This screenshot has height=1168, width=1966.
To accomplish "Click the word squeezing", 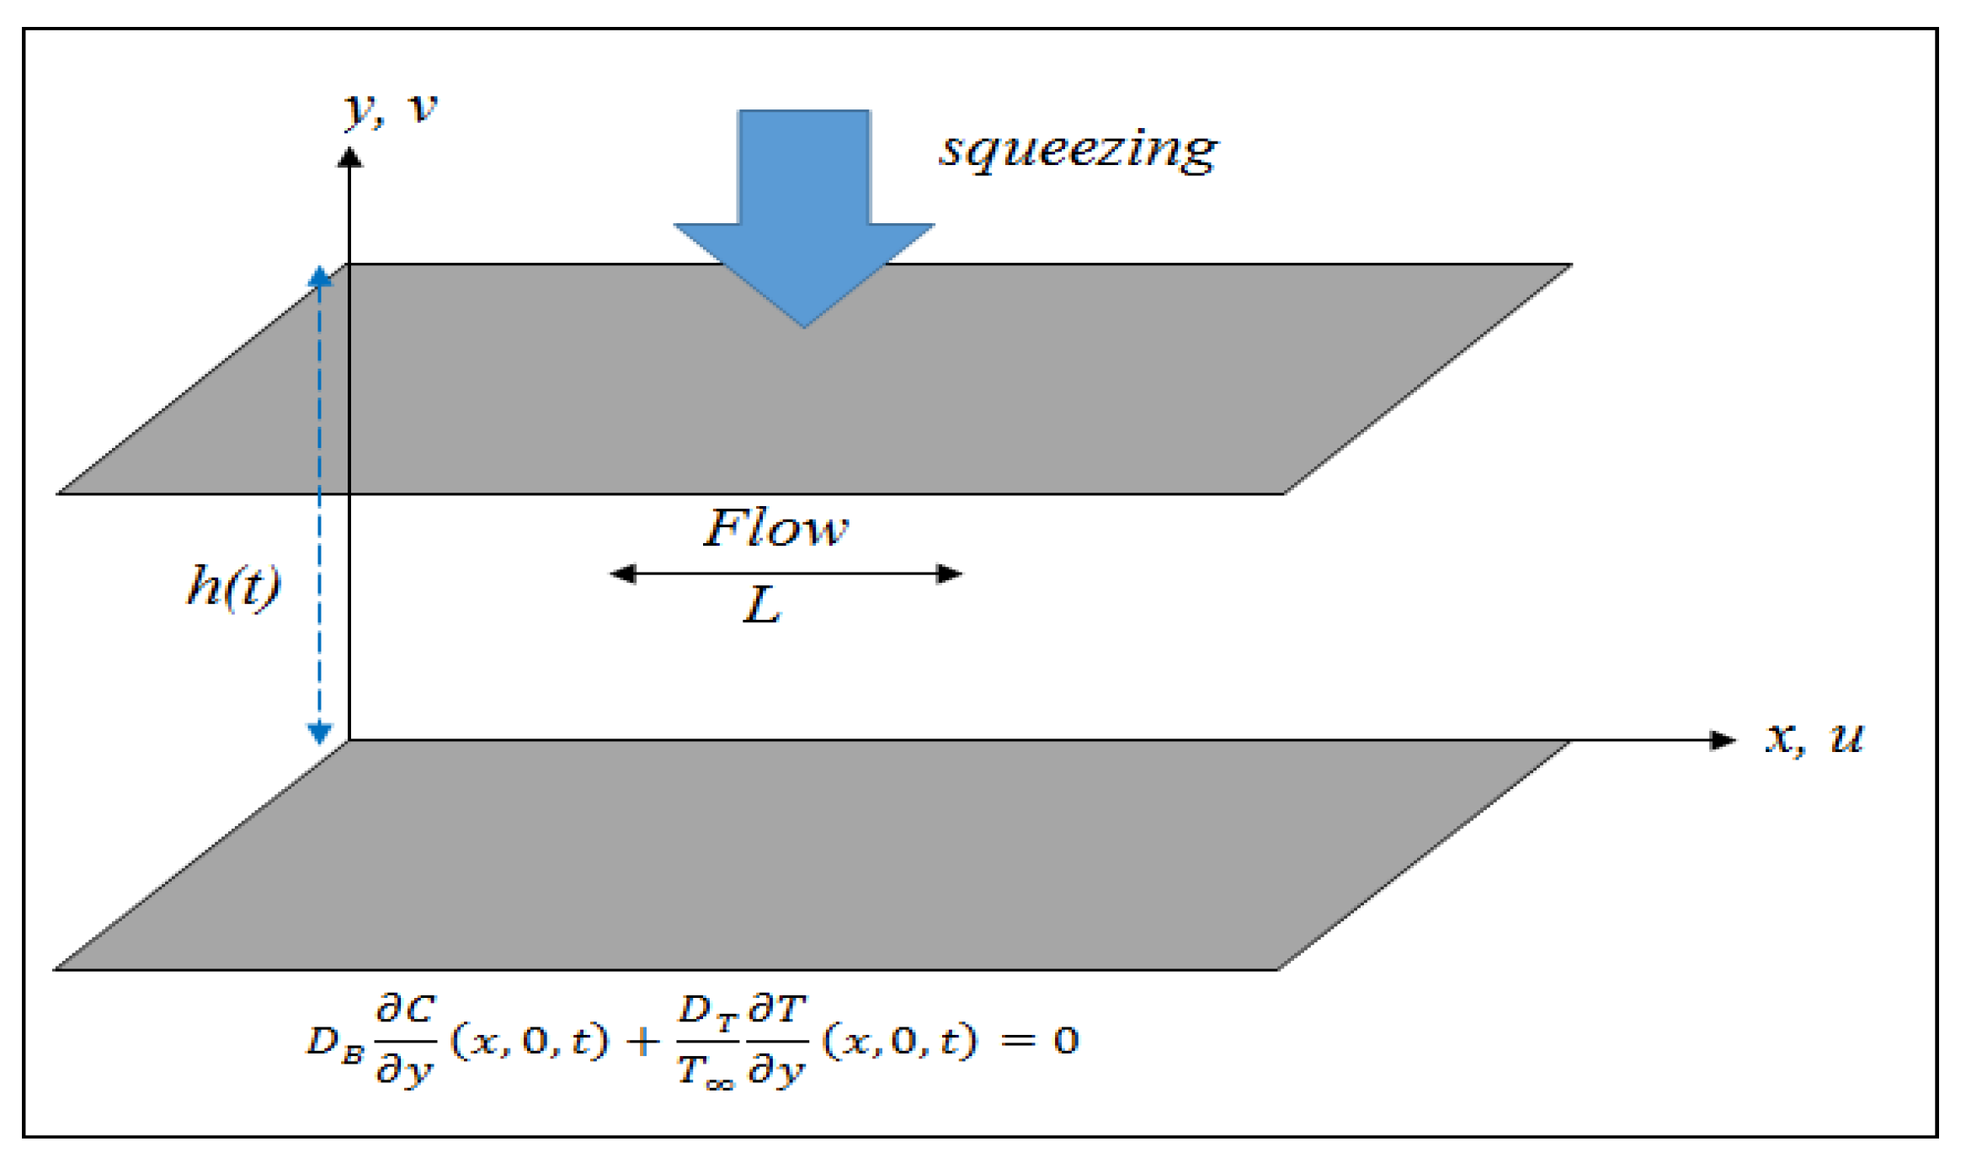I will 1078,150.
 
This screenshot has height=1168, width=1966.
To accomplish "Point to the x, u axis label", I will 1814,738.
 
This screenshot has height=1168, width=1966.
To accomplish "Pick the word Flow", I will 775,529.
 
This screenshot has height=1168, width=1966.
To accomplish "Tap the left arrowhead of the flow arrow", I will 623,574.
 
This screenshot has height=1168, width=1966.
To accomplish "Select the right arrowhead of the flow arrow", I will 949,574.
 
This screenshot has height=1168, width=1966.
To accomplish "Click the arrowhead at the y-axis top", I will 349,157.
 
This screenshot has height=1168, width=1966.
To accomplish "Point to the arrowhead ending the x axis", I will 1723,740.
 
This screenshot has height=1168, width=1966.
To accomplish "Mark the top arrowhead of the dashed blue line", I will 320,276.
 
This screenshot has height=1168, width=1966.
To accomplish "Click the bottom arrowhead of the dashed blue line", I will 319,733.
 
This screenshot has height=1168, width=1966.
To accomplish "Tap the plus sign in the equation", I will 643,1042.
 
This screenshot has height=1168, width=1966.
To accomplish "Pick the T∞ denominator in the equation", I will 706,1072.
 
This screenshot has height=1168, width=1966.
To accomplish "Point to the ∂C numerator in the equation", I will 406,1008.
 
